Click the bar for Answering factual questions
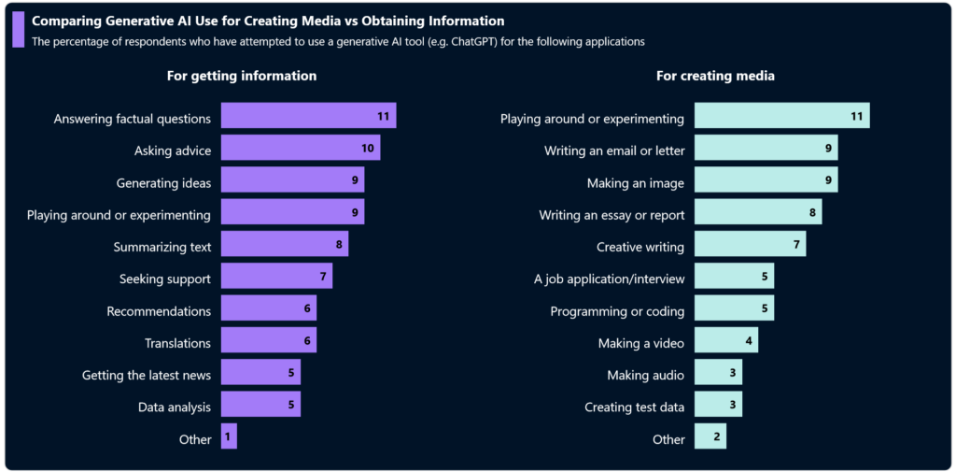(x=308, y=116)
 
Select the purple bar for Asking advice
(x=300, y=149)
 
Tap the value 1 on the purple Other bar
(x=228, y=436)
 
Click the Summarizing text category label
(x=162, y=247)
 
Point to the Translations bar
(x=268, y=340)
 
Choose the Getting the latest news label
(x=147, y=375)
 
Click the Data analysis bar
(x=260, y=405)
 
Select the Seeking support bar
(x=276, y=277)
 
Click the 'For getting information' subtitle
(x=242, y=76)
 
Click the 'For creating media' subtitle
(x=715, y=76)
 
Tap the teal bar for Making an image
(x=766, y=180)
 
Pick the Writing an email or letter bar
(x=766, y=149)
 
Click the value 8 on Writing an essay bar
(x=813, y=213)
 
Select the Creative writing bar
(x=750, y=245)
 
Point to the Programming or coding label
(x=617, y=311)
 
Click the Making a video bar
(x=725, y=341)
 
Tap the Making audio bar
(x=718, y=373)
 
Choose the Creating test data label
(x=634, y=407)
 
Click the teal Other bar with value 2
(x=710, y=436)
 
